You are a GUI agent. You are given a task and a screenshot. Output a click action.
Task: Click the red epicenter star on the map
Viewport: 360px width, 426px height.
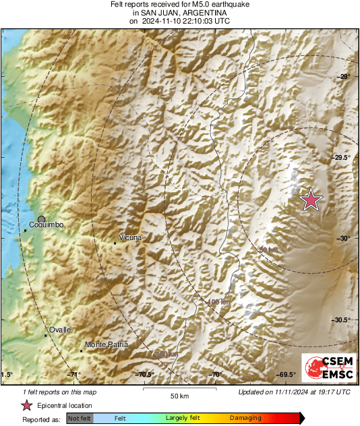click(x=311, y=200)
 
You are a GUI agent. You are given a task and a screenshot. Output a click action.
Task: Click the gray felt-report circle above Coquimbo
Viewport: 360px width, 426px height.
click(x=42, y=219)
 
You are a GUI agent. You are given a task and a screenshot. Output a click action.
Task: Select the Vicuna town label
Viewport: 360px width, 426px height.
click(x=130, y=238)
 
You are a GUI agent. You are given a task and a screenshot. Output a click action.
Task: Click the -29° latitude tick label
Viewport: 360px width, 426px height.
click(x=344, y=77)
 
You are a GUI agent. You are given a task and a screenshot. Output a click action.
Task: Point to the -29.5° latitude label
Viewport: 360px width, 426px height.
click(x=342, y=158)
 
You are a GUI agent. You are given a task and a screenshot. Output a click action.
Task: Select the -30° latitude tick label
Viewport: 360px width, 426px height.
click(x=344, y=239)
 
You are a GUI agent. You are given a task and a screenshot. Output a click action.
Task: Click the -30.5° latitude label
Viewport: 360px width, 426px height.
click(x=342, y=320)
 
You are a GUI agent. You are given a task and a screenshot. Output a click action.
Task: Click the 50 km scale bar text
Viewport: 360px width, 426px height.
click(x=179, y=395)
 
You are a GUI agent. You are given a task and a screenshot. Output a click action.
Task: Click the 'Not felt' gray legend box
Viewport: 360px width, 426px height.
click(x=80, y=419)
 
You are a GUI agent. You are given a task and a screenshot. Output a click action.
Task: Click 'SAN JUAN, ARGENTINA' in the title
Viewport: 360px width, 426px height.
click(x=179, y=13)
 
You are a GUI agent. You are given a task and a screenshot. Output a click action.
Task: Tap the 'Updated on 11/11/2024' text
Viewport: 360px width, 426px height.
click(x=294, y=392)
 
